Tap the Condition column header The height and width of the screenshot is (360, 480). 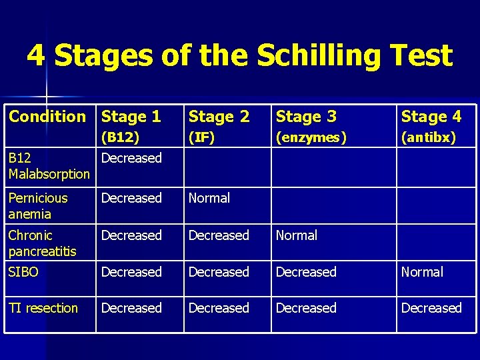click(47, 117)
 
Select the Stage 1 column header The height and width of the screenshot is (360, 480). click(131, 117)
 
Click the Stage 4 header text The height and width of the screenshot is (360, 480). click(431, 117)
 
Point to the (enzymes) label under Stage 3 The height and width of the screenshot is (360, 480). click(311, 138)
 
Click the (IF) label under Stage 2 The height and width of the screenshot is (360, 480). click(201, 138)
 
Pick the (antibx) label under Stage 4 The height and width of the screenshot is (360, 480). click(429, 138)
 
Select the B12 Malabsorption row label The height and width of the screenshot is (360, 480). click(49, 166)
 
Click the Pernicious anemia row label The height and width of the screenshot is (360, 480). click(38, 206)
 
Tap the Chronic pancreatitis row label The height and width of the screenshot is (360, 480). click(42, 243)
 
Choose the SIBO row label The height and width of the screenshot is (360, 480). click(23, 273)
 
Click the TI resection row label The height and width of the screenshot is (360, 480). click(43, 309)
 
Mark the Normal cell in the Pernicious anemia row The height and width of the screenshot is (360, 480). click(209, 198)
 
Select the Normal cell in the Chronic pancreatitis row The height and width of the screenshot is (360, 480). click(297, 235)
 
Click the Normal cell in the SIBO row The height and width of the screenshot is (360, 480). click(422, 272)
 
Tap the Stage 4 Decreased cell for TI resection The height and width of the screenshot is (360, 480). click(431, 308)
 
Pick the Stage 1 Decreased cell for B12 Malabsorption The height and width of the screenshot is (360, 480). click(131, 158)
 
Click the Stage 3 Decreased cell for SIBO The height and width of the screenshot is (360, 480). click(306, 272)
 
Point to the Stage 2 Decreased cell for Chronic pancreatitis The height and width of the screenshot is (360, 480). click(219, 235)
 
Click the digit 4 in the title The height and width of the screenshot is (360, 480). click(36, 56)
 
